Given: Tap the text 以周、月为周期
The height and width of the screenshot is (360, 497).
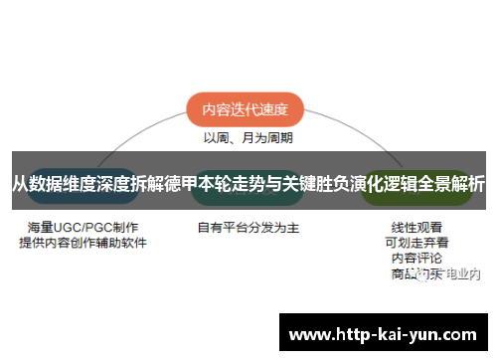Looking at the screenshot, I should pyautogui.click(x=248, y=138).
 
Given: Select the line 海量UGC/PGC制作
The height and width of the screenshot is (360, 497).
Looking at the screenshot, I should pyautogui.click(x=83, y=228).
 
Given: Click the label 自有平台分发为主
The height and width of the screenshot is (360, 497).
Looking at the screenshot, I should pyautogui.click(x=248, y=228).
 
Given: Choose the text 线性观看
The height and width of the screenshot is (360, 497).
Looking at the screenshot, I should pyautogui.click(x=416, y=227).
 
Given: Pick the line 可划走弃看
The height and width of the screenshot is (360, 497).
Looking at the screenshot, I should pyautogui.click(x=416, y=242).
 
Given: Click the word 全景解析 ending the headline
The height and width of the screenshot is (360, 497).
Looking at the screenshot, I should pyautogui.click(x=452, y=183).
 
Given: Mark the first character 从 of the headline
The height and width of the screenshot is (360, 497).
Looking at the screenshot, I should pyautogui.click(x=20, y=183).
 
